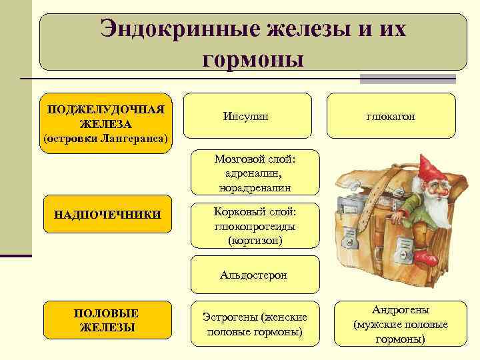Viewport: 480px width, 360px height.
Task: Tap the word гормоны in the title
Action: (253, 59)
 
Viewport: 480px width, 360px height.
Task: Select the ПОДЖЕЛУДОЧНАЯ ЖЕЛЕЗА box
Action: (105, 123)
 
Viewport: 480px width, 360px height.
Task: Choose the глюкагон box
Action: (391, 116)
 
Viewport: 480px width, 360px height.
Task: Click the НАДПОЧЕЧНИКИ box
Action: (107, 215)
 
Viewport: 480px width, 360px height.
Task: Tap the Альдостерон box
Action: (255, 275)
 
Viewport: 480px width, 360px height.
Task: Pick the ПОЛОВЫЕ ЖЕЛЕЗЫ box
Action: (107, 320)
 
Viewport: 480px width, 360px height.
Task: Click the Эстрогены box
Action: (255, 323)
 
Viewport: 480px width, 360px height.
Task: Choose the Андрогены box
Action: (400, 324)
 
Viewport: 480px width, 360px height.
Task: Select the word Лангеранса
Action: (137, 138)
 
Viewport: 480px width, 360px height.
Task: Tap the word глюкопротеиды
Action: (255, 227)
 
